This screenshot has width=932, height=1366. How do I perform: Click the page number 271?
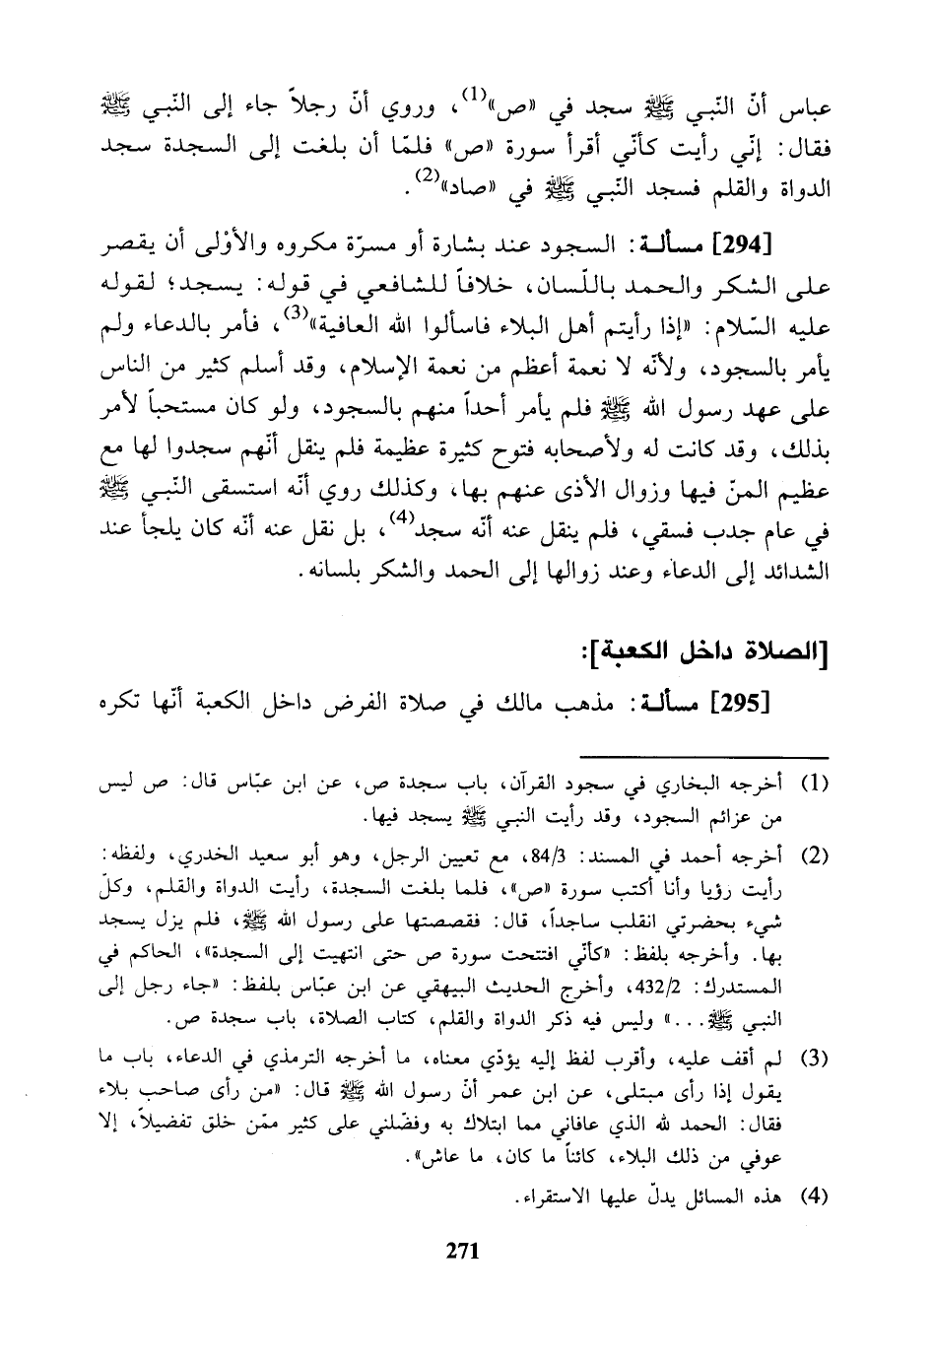click(x=462, y=1252)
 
